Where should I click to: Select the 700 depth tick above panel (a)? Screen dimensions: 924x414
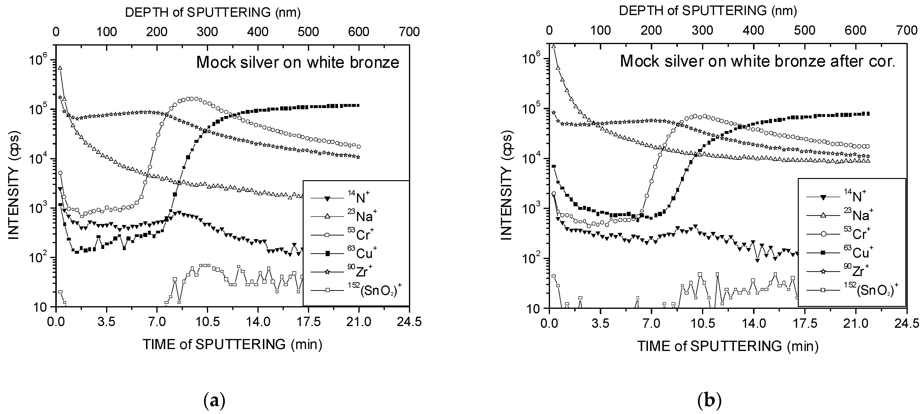click(409, 32)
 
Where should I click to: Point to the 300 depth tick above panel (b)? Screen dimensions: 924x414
click(702, 30)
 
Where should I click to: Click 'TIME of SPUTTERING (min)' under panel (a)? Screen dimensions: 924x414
click(232, 344)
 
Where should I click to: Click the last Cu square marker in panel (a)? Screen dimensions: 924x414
click(358, 105)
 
